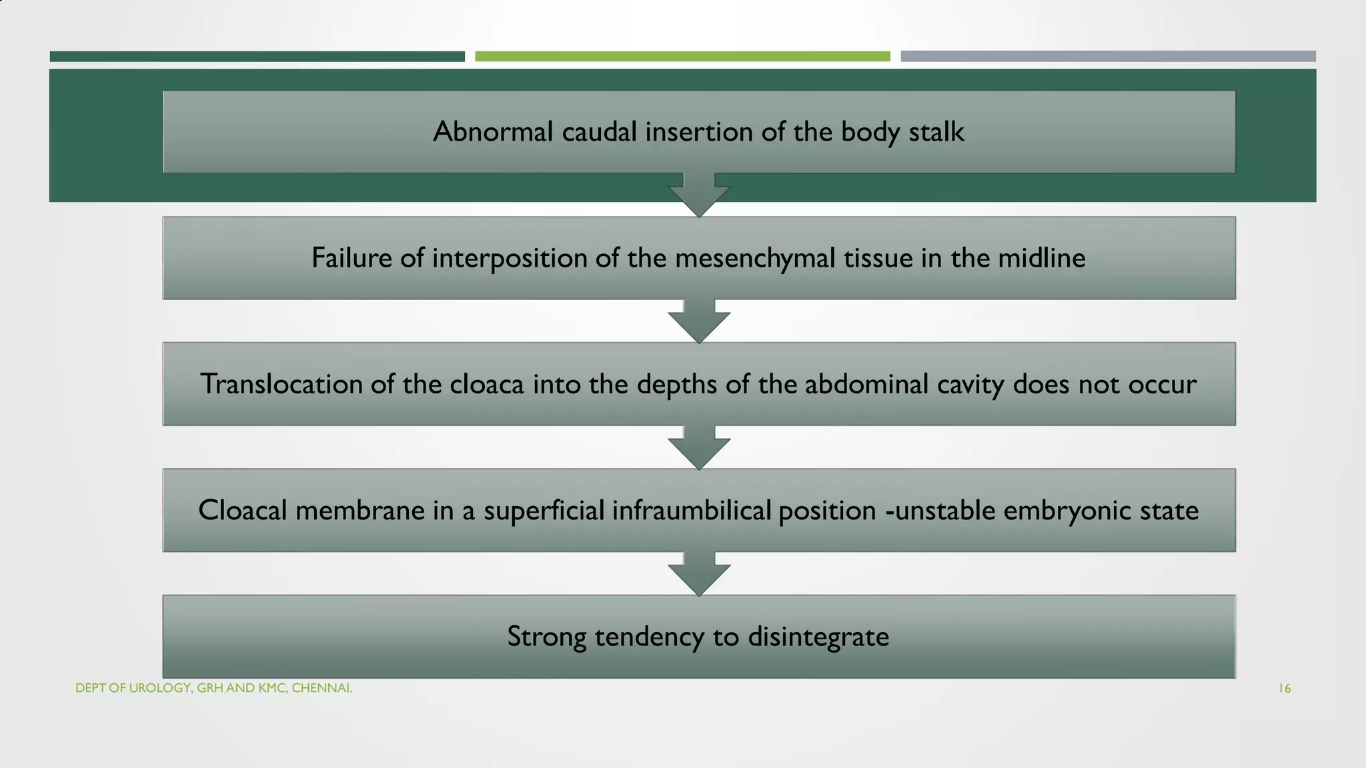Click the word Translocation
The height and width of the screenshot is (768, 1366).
click(281, 384)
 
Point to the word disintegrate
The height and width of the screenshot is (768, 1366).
click(818, 637)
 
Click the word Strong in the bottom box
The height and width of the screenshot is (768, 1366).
click(546, 637)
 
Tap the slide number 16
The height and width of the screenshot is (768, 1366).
click(1284, 689)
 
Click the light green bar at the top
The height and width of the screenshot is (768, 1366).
click(682, 57)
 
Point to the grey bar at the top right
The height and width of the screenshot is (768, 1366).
click(1108, 57)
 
